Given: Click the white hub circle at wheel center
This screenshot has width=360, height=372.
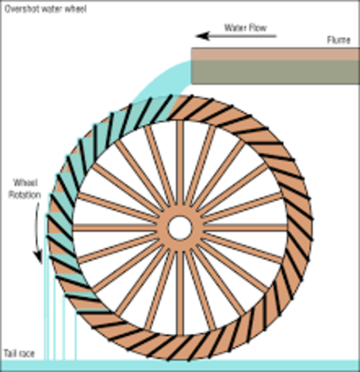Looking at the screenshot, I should [180, 228].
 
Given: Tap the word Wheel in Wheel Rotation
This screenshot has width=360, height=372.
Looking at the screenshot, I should [23, 183].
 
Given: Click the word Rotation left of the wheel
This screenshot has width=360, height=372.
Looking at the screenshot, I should [23, 194].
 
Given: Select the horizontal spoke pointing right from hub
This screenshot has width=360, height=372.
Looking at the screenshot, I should [240, 228].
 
